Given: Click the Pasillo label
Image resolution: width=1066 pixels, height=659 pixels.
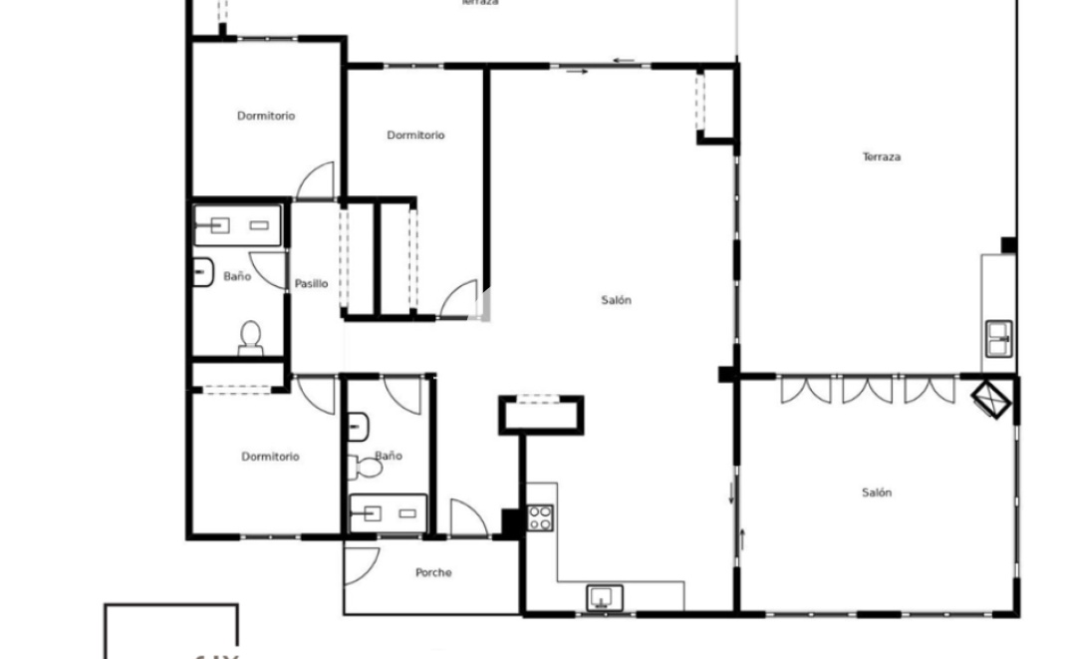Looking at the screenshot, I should click(311, 284).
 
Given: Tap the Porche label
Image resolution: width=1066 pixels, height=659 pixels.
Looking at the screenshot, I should click(433, 572).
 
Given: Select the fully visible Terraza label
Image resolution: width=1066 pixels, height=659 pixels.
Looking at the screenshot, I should click(882, 157).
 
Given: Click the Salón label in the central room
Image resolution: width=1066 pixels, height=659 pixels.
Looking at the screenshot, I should click(617, 300).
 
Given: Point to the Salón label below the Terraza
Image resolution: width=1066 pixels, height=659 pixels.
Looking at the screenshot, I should click(877, 493).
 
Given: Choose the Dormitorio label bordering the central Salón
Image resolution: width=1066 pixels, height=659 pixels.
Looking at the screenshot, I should click(415, 136).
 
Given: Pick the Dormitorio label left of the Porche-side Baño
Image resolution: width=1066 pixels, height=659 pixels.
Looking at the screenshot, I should click(270, 457).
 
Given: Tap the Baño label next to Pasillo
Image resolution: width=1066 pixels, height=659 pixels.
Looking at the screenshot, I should click(237, 276).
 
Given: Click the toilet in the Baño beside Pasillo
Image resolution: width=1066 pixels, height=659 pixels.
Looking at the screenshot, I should click(250, 337).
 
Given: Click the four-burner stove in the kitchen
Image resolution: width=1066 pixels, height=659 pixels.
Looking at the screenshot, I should click(540, 517).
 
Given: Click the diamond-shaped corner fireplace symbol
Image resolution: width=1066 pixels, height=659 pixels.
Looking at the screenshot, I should click(992, 399).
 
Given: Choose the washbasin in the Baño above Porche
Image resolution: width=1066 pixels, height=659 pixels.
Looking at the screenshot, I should click(359, 427).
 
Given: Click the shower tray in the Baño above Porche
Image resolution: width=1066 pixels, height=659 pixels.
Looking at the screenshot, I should click(388, 513).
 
